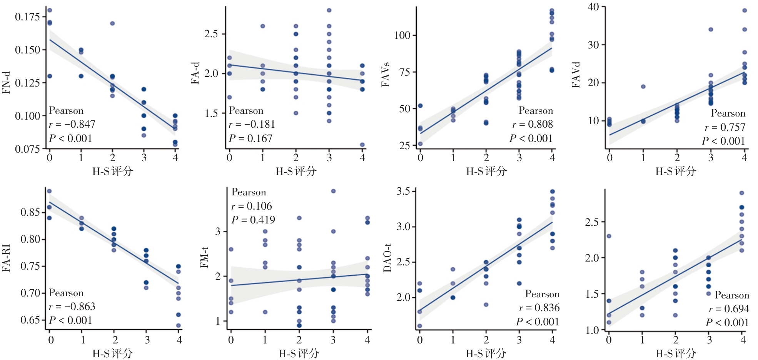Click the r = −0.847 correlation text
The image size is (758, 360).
click(x=72, y=124)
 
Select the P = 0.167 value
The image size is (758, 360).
click(x=250, y=138)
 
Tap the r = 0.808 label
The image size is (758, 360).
click(x=533, y=124)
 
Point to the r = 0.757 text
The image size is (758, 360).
click(x=725, y=127)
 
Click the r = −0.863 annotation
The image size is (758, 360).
click(x=72, y=307)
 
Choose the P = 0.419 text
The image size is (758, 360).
click(x=253, y=220)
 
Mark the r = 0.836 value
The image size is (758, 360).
click(x=539, y=308)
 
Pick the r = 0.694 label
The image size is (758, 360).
click(x=729, y=309)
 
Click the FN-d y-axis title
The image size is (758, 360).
click(x=6, y=83)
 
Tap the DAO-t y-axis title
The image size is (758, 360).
click(x=387, y=258)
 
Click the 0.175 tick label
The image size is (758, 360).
click(x=27, y=17)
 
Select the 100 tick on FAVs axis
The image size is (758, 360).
click(x=402, y=35)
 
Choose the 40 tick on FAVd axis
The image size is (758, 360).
click(x=593, y=7)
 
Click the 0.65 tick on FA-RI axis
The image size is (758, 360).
click(x=30, y=320)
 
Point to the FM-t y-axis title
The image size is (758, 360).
click(x=204, y=258)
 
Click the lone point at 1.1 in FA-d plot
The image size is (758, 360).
click(x=362, y=145)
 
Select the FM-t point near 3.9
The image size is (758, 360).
click(x=334, y=191)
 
